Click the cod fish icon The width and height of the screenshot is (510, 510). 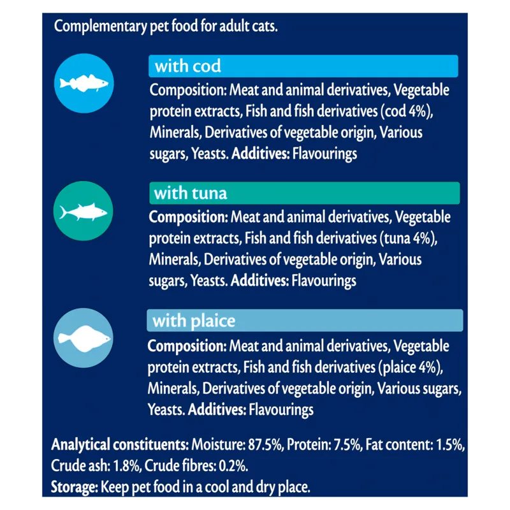[84, 83]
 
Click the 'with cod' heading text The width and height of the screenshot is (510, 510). [187, 66]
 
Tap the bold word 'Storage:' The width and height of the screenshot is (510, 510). [73, 488]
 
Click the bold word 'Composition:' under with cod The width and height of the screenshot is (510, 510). [187, 90]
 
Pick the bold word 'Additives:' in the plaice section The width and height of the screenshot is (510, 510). [217, 409]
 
